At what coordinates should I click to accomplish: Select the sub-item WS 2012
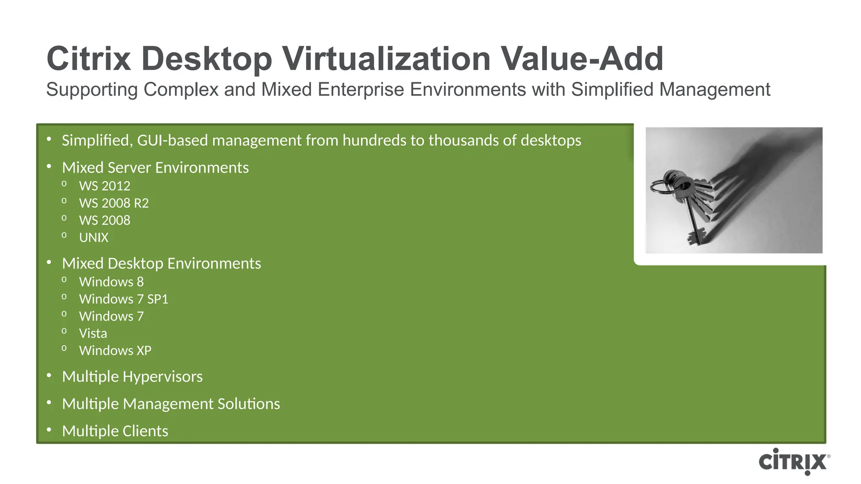tap(105, 186)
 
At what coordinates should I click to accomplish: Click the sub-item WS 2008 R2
tap(114, 203)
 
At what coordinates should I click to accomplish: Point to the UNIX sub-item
tap(94, 238)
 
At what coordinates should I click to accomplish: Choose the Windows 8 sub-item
tap(111, 282)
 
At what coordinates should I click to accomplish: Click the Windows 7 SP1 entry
tap(124, 299)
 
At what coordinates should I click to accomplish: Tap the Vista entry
tap(93, 334)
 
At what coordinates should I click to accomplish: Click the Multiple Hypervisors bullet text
tap(132, 377)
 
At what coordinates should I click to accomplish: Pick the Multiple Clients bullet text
tap(115, 431)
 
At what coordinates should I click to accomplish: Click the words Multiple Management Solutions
tap(171, 404)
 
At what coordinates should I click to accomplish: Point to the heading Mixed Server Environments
tap(156, 168)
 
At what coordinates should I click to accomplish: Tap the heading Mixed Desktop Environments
tap(161, 263)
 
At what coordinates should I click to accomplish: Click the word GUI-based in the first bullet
tap(173, 141)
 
